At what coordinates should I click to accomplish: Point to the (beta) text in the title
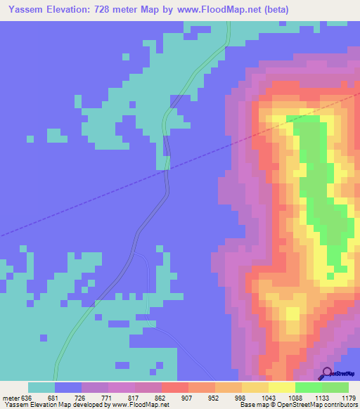pyautogui.click(x=274, y=9)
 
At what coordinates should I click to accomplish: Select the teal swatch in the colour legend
pyautogui.click(x=41, y=387)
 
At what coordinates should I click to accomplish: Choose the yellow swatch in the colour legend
pyautogui.click(x=281, y=387)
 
